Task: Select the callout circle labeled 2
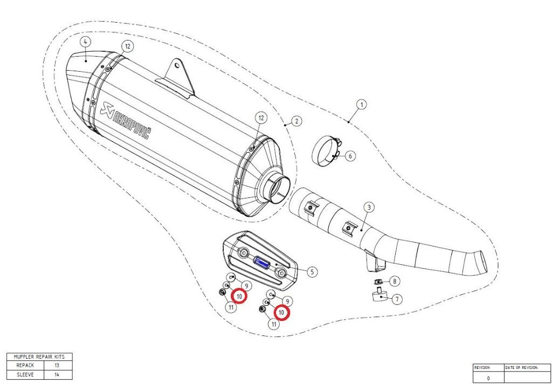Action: click(296, 121)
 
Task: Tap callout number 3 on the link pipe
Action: click(368, 207)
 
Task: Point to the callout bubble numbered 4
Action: click(85, 42)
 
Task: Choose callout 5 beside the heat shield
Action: click(312, 272)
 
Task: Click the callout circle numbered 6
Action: click(350, 156)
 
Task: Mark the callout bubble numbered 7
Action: click(397, 298)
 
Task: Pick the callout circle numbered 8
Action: click(395, 281)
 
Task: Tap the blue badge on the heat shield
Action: click(262, 263)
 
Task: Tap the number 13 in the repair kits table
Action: click(57, 365)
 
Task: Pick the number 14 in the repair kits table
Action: click(57, 374)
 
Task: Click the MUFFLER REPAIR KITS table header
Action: click(39, 356)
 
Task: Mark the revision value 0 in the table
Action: click(488, 378)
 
